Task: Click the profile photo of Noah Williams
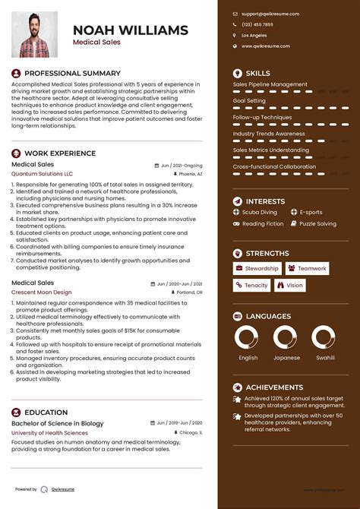pyautogui.click(x=34, y=34)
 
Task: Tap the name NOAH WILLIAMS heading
pyautogui.click(x=130, y=30)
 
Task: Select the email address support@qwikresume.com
pyautogui.click(x=270, y=14)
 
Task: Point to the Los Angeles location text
pyautogui.click(x=254, y=35)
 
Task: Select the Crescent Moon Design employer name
pyautogui.click(x=42, y=292)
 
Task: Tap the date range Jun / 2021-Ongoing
pyautogui.click(x=182, y=165)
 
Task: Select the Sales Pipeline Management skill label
pyautogui.click(x=270, y=84)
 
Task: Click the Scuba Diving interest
pyautogui.click(x=260, y=213)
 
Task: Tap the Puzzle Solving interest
pyautogui.click(x=317, y=224)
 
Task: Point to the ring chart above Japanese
pyautogui.click(x=286, y=337)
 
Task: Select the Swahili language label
pyautogui.click(x=325, y=357)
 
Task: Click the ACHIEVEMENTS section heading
pyautogui.click(x=274, y=387)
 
